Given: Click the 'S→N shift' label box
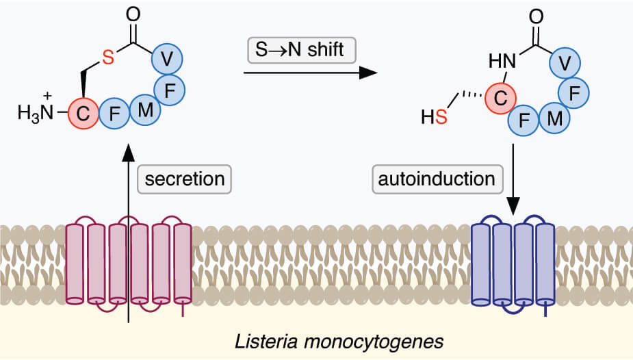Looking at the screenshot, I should tap(298, 49).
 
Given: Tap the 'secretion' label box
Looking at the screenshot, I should tap(183, 179).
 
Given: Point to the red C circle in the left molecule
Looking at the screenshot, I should tap(83, 115).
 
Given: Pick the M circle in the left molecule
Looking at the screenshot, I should tap(144, 109).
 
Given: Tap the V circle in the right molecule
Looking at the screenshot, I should tap(565, 64).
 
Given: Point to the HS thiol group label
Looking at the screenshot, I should tap(434, 119).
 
